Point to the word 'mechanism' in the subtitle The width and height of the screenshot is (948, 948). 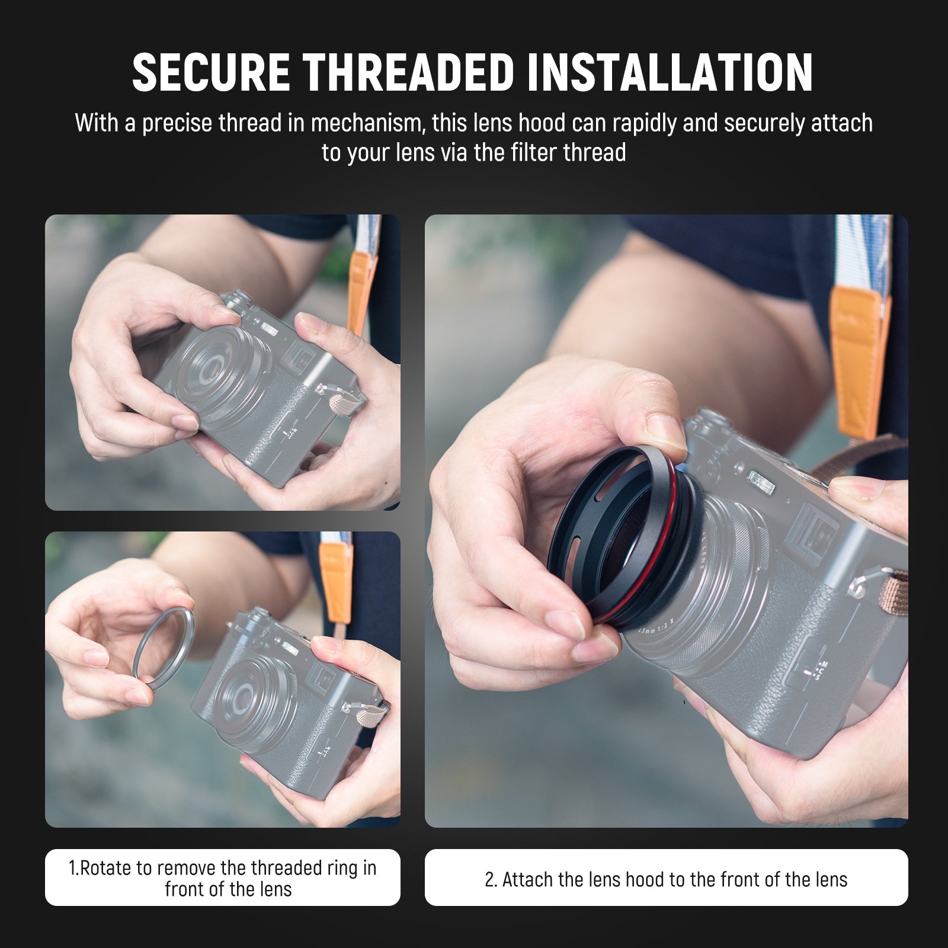click(367, 124)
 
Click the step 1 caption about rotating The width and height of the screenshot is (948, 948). click(222, 878)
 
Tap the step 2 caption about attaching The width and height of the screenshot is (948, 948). click(666, 879)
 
